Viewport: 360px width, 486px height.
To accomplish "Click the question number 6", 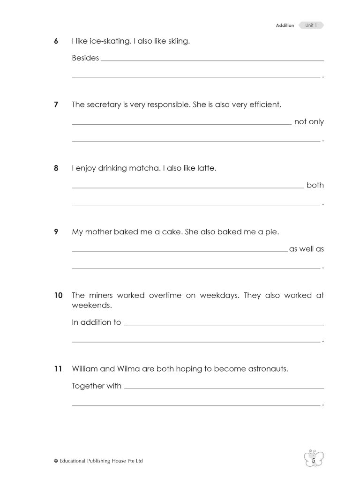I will click(56, 42).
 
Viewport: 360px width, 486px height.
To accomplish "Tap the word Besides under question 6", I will click(85, 59).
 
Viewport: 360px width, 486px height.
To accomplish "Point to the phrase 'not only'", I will click(309, 122).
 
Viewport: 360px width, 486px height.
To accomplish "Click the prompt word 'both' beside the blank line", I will click(315, 185).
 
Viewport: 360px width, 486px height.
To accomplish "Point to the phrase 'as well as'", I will click(307, 249).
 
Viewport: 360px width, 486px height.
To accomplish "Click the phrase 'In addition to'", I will click(96, 322).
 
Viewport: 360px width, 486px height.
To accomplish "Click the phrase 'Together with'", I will click(97, 386).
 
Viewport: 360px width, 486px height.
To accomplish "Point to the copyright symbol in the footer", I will click(56, 461).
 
